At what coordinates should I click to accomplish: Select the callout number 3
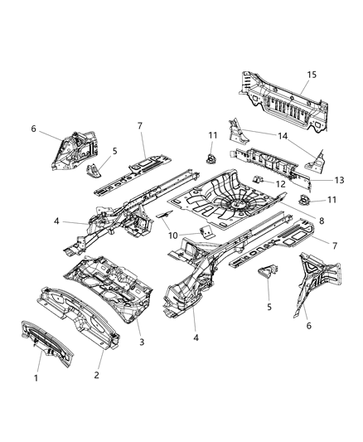[141, 342]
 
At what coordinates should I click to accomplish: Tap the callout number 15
[312, 75]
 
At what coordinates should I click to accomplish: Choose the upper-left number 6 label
[33, 129]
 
